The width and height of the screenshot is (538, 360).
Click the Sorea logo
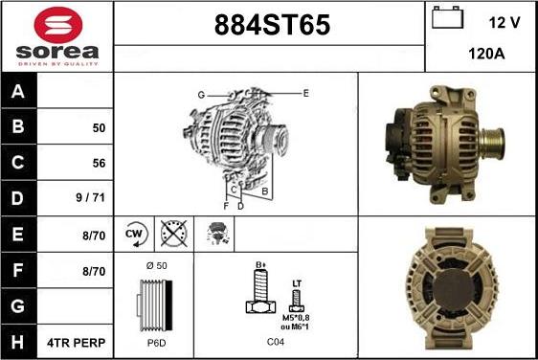tap(56, 36)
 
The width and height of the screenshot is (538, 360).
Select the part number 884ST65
tap(268, 27)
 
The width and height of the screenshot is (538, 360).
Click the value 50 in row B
tap(99, 127)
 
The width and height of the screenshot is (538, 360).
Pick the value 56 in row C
tap(99, 163)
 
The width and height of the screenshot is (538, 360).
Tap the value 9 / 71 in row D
tap(92, 198)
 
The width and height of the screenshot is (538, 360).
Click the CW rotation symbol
tap(134, 233)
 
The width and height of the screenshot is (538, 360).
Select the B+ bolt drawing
tap(258, 293)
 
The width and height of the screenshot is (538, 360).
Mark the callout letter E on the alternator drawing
tap(305, 93)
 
